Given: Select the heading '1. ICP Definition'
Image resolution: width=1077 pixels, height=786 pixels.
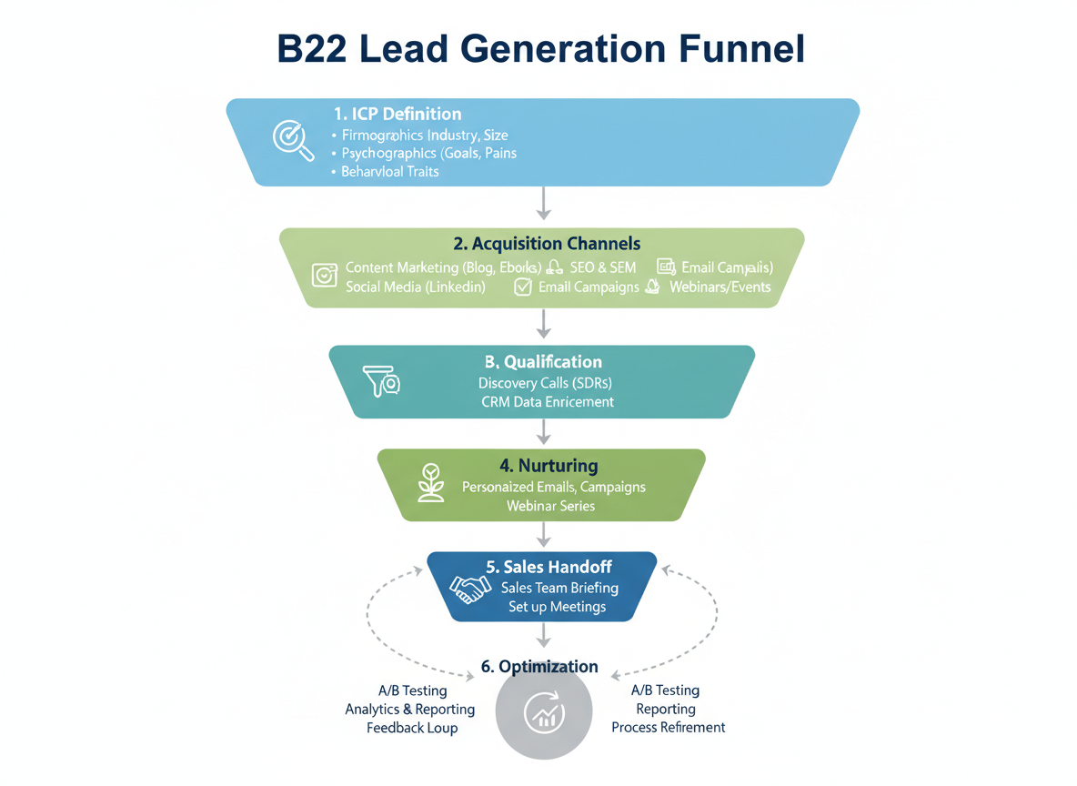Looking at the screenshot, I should [398, 114].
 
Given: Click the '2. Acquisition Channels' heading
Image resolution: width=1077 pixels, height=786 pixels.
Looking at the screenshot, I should [547, 244].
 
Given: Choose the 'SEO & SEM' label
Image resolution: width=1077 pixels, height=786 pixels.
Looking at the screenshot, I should [602, 267].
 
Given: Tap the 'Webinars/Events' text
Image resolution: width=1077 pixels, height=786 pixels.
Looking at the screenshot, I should [720, 287].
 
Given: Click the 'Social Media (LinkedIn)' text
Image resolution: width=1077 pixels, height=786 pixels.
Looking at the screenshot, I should [415, 287].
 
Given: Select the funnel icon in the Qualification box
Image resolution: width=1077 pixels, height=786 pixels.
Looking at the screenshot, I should [381, 382].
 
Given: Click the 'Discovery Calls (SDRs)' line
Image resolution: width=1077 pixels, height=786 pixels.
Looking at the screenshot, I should [544, 383].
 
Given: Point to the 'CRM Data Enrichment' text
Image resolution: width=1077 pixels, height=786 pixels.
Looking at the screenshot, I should [547, 402].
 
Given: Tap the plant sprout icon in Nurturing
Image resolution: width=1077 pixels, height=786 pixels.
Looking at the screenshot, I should [430, 484].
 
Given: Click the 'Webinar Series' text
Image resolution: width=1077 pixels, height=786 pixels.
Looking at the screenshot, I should [550, 506].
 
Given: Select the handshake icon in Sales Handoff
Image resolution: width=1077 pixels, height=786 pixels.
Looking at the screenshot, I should [471, 588].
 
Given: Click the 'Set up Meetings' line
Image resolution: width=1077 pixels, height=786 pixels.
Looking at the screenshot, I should [557, 607].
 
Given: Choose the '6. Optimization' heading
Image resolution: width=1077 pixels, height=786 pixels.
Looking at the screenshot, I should [539, 667].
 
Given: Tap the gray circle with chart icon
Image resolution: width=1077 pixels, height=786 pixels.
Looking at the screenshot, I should [544, 715].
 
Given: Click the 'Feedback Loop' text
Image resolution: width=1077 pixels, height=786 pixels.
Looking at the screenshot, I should [412, 728].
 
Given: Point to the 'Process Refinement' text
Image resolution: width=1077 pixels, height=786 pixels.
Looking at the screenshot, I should [668, 728].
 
